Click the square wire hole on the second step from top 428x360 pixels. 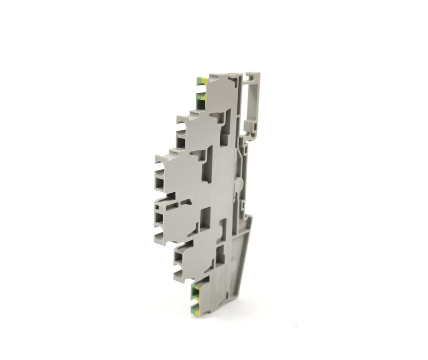(x=181, y=142)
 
